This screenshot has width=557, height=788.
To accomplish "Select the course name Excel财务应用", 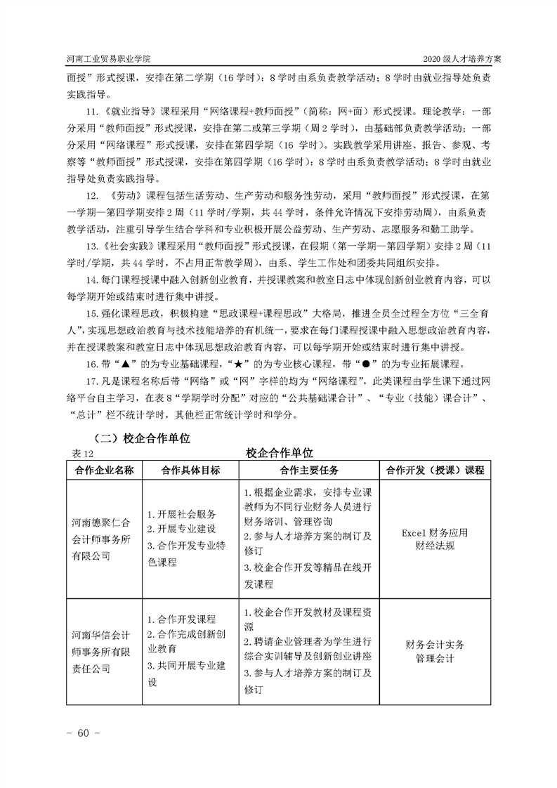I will [x=435, y=532].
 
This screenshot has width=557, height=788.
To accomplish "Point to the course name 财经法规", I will [x=435, y=546].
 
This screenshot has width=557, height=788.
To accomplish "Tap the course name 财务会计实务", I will [x=435, y=645].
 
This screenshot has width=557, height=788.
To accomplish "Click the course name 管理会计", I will [x=435, y=659].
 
